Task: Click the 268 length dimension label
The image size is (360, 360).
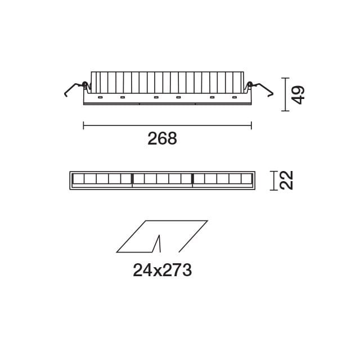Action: coord(162,139)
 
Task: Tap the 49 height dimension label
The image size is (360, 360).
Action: coord(298,94)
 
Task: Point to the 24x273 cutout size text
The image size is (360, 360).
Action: coord(163,271)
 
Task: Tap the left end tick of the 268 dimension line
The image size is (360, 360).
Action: coord(83,125)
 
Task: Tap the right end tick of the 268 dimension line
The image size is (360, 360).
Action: coord(251,125)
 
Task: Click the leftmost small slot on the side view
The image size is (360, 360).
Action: coord(100,98)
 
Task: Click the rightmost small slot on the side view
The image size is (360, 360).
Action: coord(234,98)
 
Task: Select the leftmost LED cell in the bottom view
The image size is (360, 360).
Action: coord(79,179)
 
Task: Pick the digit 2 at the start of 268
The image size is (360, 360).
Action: coord(152,139)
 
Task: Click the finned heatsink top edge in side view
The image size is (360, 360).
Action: coord(167,72)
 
